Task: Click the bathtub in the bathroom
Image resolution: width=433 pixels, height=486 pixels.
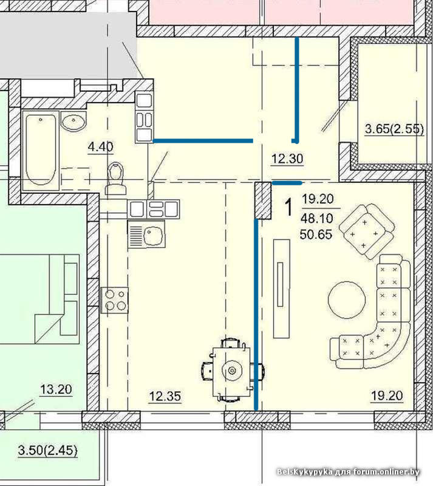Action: click(41, 150)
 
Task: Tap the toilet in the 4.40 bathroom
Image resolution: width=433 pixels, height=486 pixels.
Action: click(115, 179)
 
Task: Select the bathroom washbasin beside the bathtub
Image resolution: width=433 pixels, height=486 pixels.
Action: click(73, 121)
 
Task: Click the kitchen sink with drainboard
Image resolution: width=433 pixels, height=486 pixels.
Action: click(146, 234)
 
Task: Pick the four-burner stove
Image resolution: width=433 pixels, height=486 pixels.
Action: click(114, 300)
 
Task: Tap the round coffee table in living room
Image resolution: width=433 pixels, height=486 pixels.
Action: click(347, 299)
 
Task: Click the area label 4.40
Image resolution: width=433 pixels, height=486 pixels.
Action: click(100, 146)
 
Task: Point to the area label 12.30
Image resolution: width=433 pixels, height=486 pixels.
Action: click(287, 159)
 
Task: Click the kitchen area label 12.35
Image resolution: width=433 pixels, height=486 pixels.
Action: click(165, 397)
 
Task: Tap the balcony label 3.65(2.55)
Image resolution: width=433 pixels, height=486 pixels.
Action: click(394, 129)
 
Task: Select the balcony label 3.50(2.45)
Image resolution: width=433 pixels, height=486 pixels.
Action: click(48, 450)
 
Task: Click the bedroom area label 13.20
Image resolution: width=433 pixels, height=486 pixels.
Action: click(56, 389)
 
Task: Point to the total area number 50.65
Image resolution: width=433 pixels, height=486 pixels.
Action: click(316, 234)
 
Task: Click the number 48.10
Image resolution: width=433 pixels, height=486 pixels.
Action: click(317, 219)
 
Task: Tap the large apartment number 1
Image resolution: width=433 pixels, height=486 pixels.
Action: click(288, 208)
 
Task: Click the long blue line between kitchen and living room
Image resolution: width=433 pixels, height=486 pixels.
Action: click(256, 315)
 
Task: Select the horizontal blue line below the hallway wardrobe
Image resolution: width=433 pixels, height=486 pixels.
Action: click(203, 141)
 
